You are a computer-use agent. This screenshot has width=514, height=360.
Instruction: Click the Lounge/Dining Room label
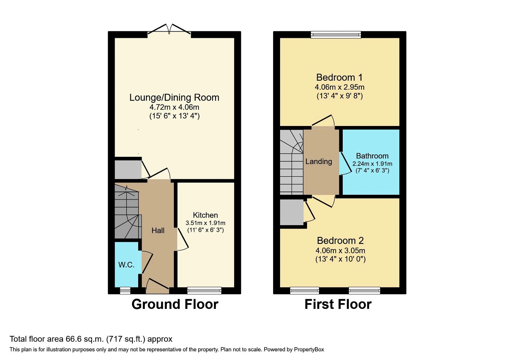coord(174,98)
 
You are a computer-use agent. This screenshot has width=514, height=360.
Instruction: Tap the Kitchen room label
coord(205,215)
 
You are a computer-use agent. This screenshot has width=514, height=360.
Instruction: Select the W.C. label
coord(127,265)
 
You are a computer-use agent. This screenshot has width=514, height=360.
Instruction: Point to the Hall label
coord(158,230)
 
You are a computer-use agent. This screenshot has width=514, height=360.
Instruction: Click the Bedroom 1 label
coord(339,77)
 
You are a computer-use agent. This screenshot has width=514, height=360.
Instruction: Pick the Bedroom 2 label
coord(340,241)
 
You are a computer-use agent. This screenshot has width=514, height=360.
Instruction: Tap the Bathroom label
coord(372,156)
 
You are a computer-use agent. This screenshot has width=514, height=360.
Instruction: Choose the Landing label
coord(319,161)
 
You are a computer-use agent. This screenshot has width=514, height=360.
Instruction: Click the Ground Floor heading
coord(175,304)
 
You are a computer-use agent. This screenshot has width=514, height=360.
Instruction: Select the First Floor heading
coord(338,304)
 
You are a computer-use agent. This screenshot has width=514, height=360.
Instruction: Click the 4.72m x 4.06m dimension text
coord(174,107)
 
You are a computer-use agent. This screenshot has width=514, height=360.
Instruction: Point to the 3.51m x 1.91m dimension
coord(205,223)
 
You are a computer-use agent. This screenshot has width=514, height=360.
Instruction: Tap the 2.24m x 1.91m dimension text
coord(372,164)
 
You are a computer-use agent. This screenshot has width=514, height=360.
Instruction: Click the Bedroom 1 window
coord(336,35)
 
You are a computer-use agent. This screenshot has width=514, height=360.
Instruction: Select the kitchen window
coord(204,291)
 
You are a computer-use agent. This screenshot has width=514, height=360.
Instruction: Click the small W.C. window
coord(125,291)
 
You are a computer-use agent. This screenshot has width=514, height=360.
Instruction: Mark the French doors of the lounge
coord(169,29)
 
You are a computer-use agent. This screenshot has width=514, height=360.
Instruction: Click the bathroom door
coord(346,164)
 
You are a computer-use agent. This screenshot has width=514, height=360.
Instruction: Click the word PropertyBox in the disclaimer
coord(309,350)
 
